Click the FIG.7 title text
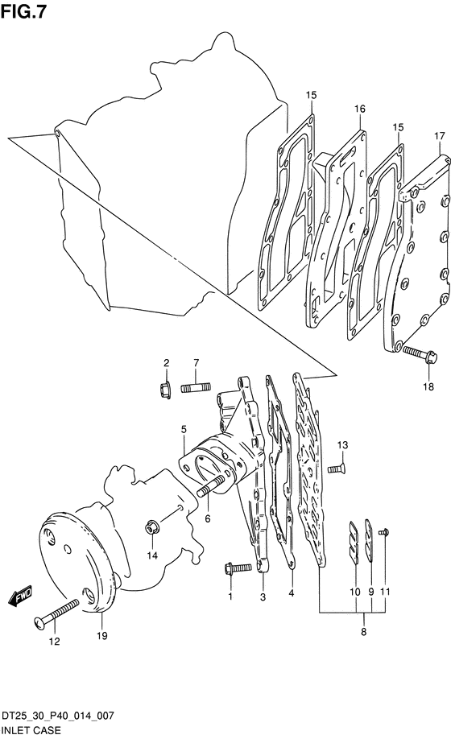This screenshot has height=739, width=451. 23,12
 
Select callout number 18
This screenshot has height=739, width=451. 428,387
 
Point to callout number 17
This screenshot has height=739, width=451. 439,136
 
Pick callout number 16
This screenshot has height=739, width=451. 359,109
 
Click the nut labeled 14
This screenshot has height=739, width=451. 151,528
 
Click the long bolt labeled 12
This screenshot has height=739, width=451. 56,613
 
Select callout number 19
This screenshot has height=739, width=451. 101,636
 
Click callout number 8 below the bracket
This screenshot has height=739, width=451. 363,632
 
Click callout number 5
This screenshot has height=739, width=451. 184,429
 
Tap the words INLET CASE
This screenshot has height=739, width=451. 31,730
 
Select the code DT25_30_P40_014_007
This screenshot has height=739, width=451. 57,716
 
